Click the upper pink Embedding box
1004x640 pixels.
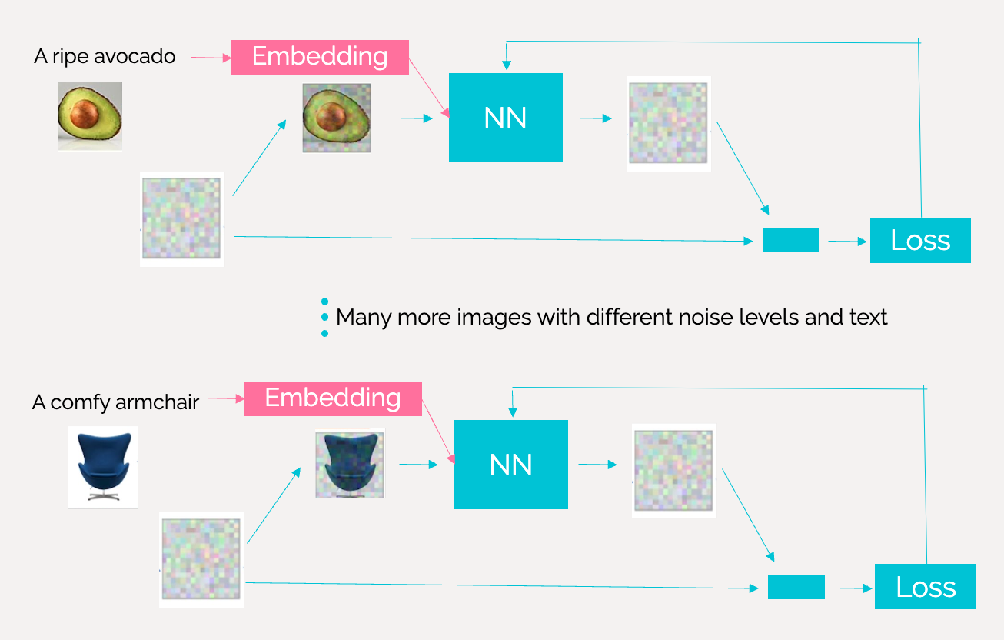click(x=319, y=57)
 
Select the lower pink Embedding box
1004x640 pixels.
click(x=333, y=398)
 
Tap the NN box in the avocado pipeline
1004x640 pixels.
click(x=505, y=118)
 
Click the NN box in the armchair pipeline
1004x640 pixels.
click(x=510, y=465)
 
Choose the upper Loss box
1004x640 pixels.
click(x=920, y=241)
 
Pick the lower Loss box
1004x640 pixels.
click(x=925, y=587)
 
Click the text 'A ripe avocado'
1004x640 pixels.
click(x=105, y=56)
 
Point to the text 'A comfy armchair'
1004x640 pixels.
click(x=115, y=402)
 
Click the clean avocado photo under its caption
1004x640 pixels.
click(x=89, y=115)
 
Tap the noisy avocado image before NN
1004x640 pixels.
click(x=336, y=118)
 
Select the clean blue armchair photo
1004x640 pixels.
click(x=102, y=466)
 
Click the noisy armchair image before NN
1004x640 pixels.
click(x=349, y=464)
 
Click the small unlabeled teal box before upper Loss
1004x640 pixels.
click(x=790, y=240)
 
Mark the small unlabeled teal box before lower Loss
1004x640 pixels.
click(x=796, y=587)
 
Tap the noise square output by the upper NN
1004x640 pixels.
click(x=667, y=123)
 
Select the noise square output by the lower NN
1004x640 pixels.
click(x=673, y=470)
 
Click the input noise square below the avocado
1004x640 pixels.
click(x=181, y=219)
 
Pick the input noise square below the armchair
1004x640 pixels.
click(x=201, y=560)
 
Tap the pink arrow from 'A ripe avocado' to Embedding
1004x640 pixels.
click(x=210, y=57)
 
